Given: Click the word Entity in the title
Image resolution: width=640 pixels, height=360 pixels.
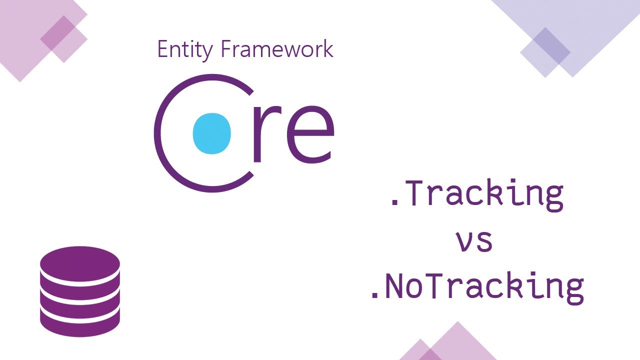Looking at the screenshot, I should (185, 49).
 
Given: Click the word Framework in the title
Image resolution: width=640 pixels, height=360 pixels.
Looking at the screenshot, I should (276, 49).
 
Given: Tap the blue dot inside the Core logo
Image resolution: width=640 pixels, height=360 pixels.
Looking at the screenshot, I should (212, 133).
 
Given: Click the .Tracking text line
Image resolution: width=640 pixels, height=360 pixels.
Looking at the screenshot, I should (476, 195).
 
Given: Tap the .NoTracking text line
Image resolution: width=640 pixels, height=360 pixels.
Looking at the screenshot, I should (476, 287).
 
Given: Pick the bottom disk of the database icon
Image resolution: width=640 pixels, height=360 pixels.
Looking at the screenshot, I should (80, 322).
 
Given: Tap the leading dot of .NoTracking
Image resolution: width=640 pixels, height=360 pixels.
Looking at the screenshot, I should (374, 296).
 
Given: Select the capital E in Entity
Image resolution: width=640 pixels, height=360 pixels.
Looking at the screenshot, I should (162, 49).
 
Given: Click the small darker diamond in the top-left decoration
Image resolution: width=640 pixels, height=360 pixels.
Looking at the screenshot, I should (64, 39).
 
